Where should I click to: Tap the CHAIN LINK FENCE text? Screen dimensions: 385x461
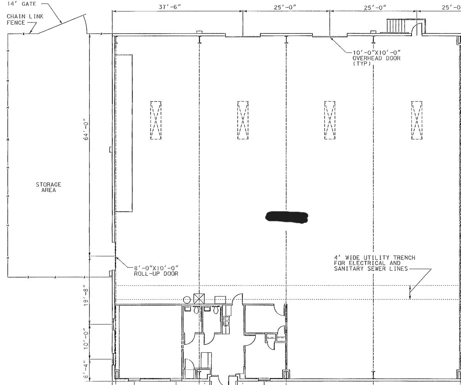pyautogui.click(x=25, y=19)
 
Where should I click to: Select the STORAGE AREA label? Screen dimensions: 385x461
pyautogui.click(x=49, y=187)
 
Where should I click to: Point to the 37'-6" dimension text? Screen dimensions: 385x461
pyautogui.click(x=170, y=7)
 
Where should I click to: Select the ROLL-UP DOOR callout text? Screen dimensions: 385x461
pyautogui.click(x=156, y=271)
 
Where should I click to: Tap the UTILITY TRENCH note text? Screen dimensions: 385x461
pyautogui.click(x=375, y=263)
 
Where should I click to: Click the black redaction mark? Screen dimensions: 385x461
pyautogui.click(x=287, y=217)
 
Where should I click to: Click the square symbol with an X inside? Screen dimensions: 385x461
pyautogui.click(x=199, y=299)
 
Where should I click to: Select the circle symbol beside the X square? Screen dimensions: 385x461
pyautogui.click(x=187, y=300)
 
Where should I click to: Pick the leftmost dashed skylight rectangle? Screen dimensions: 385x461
pyautogui.click(x=156, y=120)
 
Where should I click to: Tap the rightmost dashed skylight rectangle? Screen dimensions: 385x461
pyautogui.click(x=417, y=120)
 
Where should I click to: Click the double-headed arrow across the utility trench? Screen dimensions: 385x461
pyautogui.click(x=410, y=292)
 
